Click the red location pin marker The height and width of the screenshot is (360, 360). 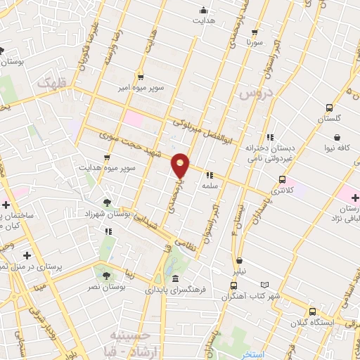pos(181,165)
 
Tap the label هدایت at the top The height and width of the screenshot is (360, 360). pos(204,21)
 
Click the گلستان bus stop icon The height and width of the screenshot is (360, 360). pos(330,108)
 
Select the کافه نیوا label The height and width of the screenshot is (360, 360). pos(338,148)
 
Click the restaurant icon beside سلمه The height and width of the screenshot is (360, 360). pos(209,176)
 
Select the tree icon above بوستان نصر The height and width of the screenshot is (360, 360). pos(107,276)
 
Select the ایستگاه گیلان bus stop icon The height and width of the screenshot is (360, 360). pos(312,311)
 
